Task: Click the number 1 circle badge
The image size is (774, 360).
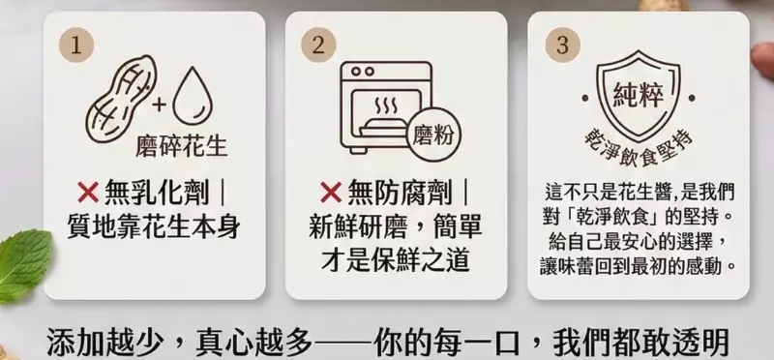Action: (76, 45)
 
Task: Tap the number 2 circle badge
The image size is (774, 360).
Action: (318, 45)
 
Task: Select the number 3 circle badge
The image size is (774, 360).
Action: (562, 45)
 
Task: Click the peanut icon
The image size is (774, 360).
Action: (121, 99)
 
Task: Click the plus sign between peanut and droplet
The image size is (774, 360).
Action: (160, 105)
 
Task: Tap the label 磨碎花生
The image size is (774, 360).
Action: (182, 146)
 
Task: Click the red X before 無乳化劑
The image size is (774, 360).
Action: (88, 193)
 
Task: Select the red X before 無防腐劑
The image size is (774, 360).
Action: (331, 193)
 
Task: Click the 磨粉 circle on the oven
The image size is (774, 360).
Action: (432, 135)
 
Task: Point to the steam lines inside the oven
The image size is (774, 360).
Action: (386, 105)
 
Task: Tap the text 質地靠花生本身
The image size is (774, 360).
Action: (154, 227)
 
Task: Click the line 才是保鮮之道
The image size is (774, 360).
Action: (396, 260)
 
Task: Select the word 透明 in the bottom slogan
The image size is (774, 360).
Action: (700, 343)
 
